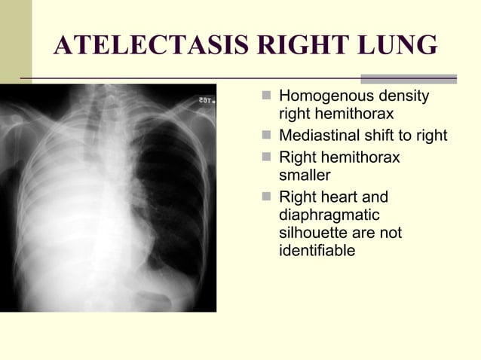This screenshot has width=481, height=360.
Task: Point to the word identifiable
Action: coord(317,251)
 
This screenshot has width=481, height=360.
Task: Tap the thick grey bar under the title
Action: coord(409,78)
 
